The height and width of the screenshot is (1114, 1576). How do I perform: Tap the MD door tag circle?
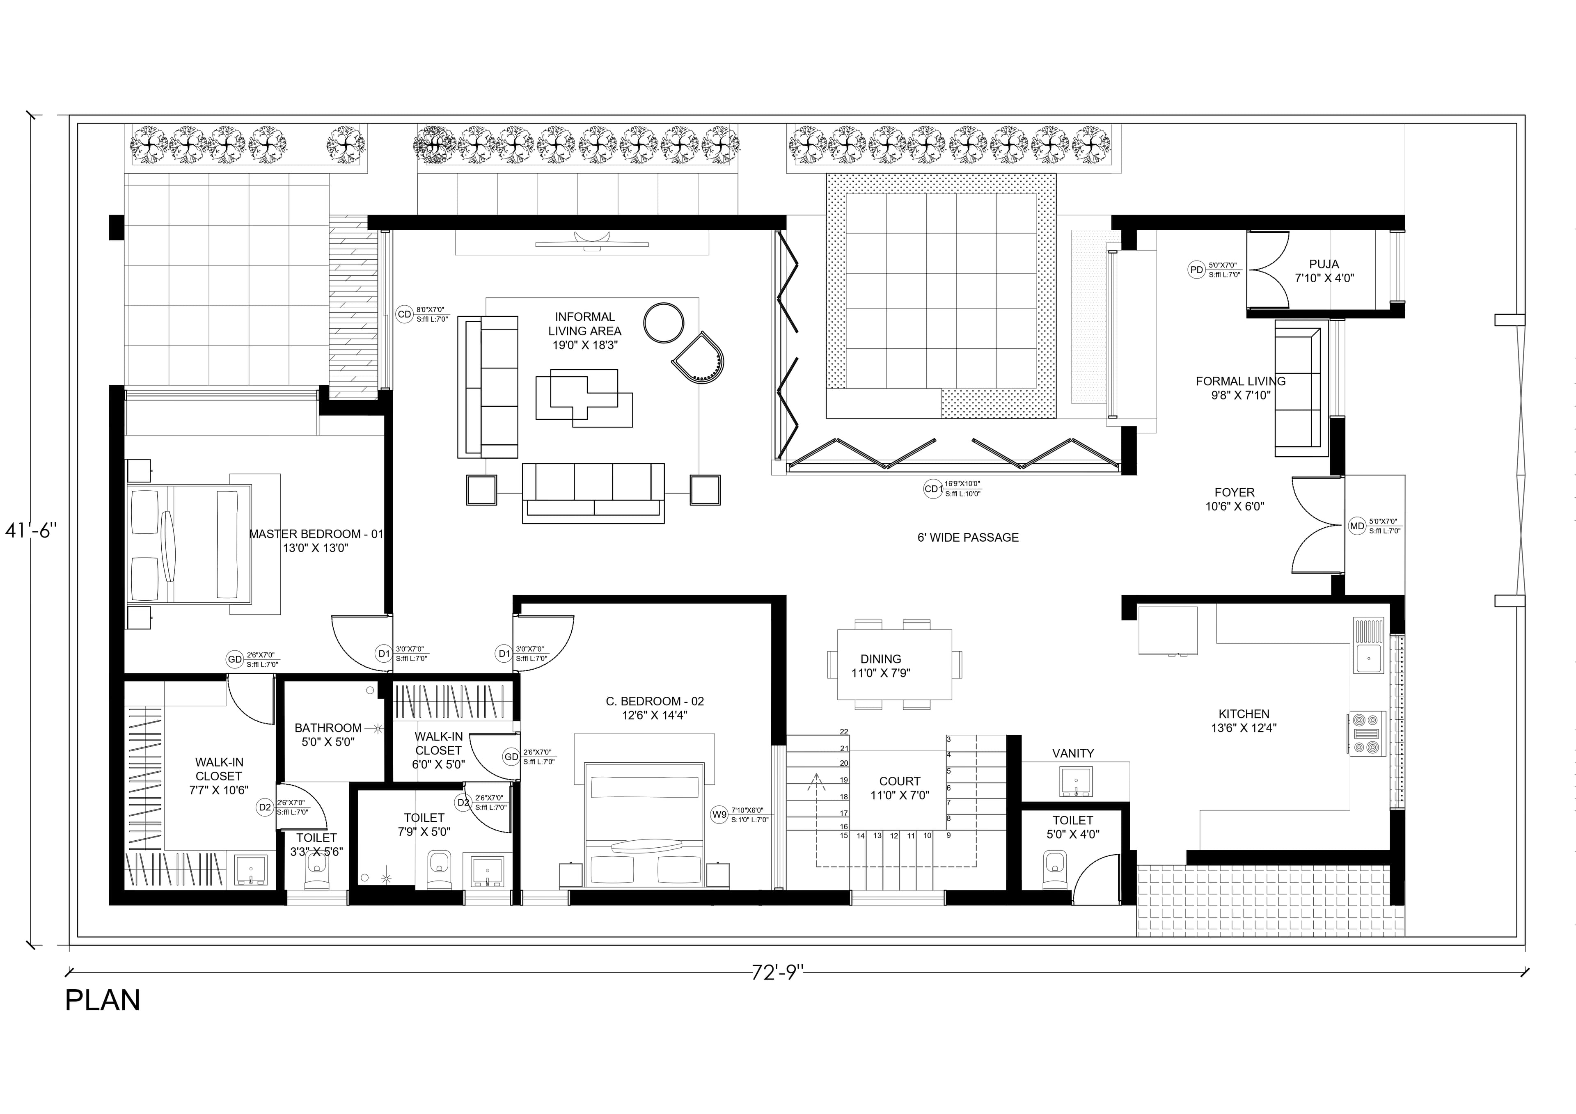tap(1356, 526)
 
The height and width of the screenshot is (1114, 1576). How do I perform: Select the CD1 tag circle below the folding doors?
tap(932, 489)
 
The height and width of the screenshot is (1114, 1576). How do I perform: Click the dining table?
tap(894, 664)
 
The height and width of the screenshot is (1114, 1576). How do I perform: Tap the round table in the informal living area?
tap(663, 322)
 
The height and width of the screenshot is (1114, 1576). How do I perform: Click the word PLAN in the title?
tap(103, 1001)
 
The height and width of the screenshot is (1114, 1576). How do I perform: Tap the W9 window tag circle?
tap(719, 815)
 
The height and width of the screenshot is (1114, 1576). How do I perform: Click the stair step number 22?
tap(843, 732)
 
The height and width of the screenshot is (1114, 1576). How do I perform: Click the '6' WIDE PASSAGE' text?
tap(968, 538)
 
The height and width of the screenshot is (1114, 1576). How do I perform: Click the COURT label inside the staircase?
tap(899, 781)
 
